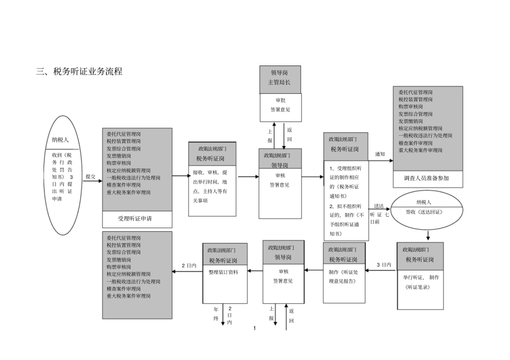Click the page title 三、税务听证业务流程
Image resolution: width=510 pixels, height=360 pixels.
click(79, 71)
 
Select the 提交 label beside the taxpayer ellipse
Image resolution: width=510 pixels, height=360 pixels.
click(90, 175)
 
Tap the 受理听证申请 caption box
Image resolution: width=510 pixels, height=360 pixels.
click(137, 219)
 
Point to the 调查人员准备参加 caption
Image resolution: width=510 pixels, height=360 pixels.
click(427, 178)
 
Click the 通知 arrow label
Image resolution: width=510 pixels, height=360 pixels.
click(380, 154)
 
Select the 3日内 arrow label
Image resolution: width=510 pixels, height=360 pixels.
click(384, 265)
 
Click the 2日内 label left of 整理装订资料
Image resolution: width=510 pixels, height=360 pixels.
click(188, 265)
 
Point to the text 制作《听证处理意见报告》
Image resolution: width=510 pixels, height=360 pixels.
click(345, 276)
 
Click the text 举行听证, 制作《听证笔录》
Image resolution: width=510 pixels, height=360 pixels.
click(420, 282)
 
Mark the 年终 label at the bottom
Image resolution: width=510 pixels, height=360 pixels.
click(216, 314)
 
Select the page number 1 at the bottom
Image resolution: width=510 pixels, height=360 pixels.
click(254, 327)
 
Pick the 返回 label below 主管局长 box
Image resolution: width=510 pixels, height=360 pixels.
click(289, 134)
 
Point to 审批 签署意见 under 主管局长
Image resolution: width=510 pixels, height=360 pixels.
click(280, 105)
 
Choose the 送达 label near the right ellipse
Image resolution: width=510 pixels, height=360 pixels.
click(378, 206)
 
